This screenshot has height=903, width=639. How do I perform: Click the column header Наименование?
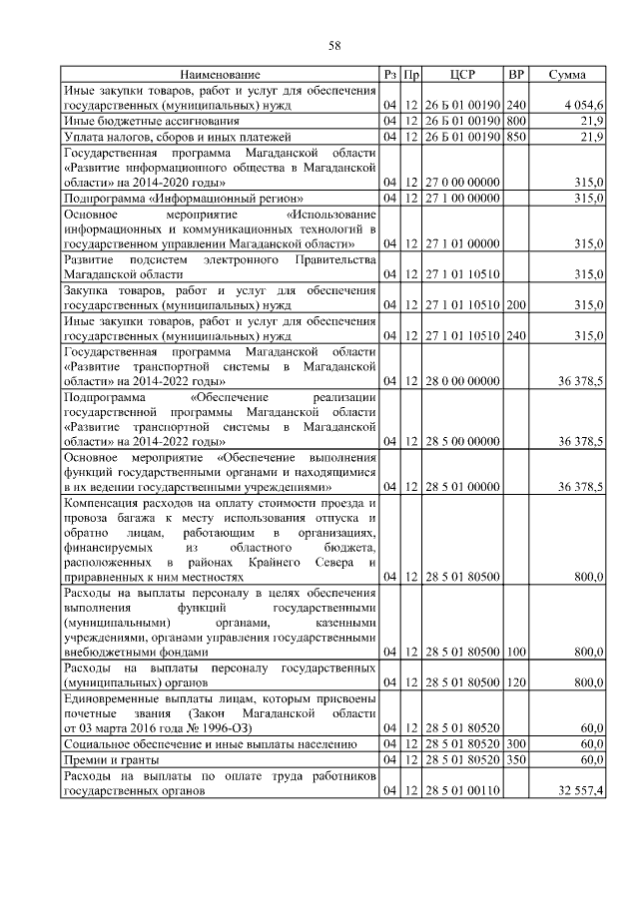coord(221,75)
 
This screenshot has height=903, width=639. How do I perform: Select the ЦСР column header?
coord(462,75)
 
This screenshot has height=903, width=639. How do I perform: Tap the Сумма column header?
coord(566,75)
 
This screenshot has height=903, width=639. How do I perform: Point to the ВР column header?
coord(516,75)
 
